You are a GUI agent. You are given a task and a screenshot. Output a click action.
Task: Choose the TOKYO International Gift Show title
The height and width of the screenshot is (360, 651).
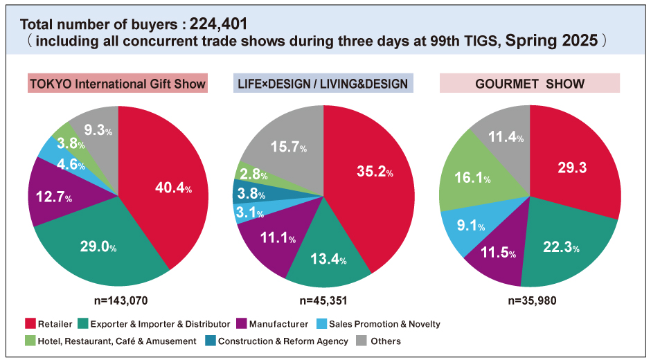pyautogui.click(x=118, y=84)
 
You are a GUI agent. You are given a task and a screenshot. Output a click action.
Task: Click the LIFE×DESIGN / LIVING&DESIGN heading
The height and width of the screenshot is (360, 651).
pyautogui.click(x=323, y=84)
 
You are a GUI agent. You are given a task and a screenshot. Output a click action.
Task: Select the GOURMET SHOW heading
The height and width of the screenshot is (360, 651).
pyautogui.click(x=530, y=84)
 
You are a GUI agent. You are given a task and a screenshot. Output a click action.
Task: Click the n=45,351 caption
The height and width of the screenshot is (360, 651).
pyautogui.click(x=323, y=300)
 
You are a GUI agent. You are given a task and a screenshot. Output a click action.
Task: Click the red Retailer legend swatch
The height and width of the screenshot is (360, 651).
pyautogui.click(x=30, y=324)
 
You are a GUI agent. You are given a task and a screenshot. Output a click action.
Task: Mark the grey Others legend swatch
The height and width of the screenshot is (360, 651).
pyautogui.click(x=361, y=341)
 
